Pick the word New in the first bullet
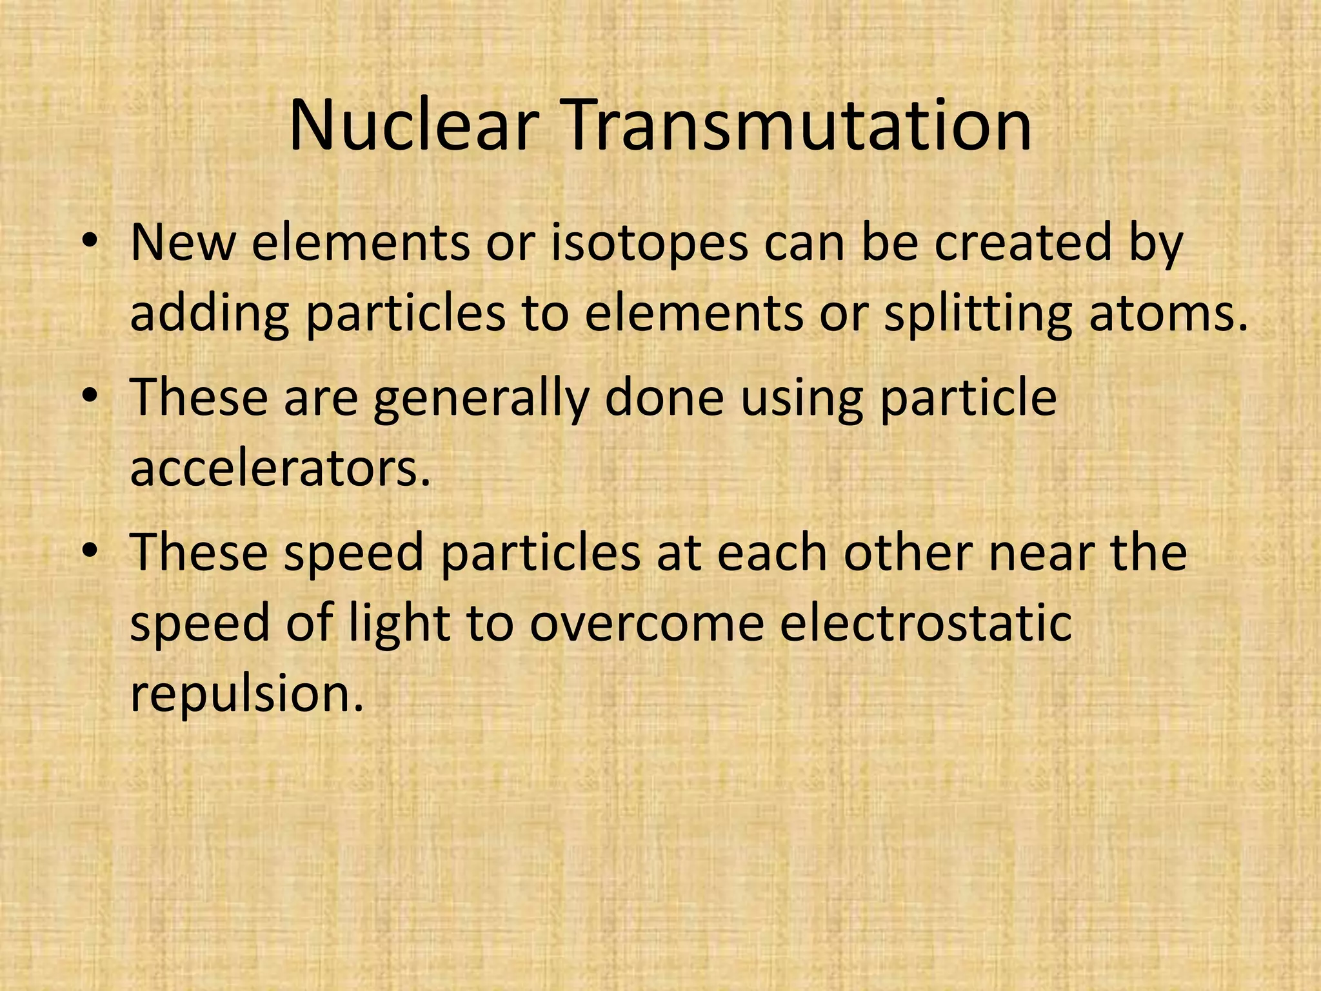pos(183,243)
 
